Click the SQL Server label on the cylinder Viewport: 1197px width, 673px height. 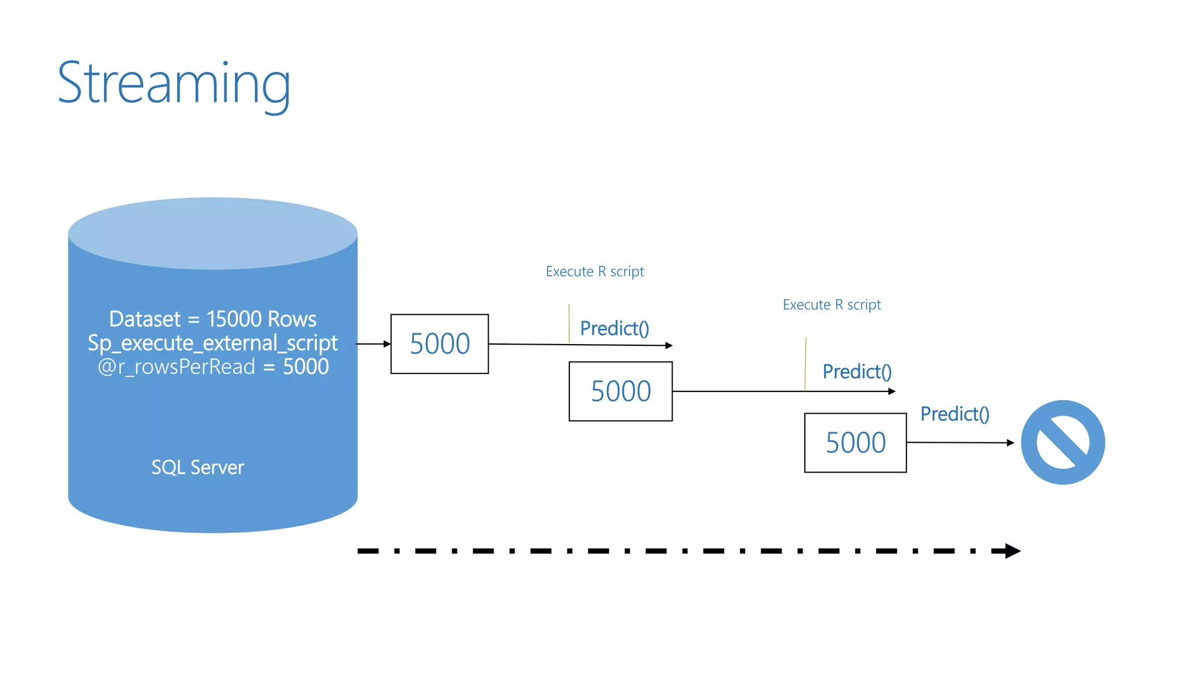(x=198, y=467)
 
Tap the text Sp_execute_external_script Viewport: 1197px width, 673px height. (x=213, y=343)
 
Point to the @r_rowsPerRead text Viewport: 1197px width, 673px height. (x=177, y=367)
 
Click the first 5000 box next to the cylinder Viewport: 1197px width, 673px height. (x=440, y=344)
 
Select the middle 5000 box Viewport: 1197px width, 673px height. (x=620, y=391)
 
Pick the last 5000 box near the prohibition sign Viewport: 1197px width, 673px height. (x=855, y=443)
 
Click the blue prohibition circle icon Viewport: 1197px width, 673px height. (x=1063, y=442)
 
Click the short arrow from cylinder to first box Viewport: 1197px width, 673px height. (x=373, y=344)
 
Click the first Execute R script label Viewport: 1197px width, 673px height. (x=594, y=272)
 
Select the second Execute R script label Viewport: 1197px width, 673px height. (x=832, y=305)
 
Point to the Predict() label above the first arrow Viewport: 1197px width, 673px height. (x=614, y=329)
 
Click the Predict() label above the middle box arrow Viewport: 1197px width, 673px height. (x=857, y=372)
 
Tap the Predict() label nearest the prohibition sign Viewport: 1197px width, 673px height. (x=954, y=414)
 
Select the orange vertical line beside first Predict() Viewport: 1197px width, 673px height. (x=569, y=324)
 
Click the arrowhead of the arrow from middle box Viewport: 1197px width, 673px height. (x=892, y=391)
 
